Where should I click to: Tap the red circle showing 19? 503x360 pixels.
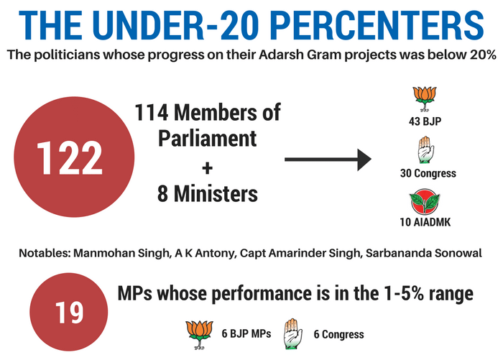[70, 313]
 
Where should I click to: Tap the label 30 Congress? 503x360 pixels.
[428, 173]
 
